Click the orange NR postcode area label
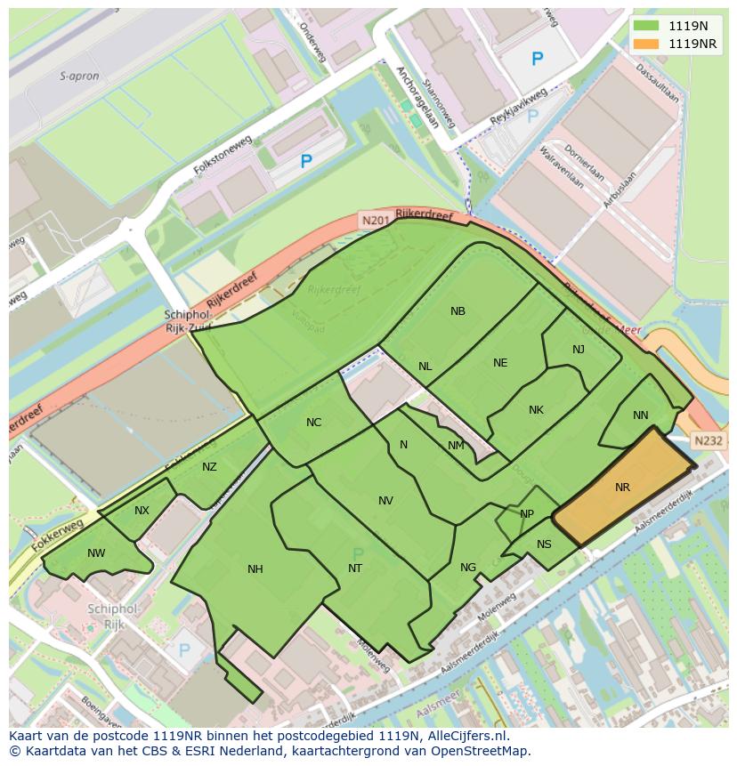coord(622,488)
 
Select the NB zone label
coord(458,311)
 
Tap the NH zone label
coord(255,569)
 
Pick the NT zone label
coord(355,568)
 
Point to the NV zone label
coord(385,501)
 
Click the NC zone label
coord(313,423)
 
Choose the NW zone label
coord(96,553)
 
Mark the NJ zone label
coord(579,350)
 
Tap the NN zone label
coord(641,415)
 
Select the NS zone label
coord(544,544)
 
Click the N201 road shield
coord(374,219)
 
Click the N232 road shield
coord(709,440)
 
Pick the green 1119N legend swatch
coord(647,26)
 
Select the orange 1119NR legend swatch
coord(647,44)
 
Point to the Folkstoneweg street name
coord(223,157)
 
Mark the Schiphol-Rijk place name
coord(114,616)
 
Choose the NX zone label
coord(142,511)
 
